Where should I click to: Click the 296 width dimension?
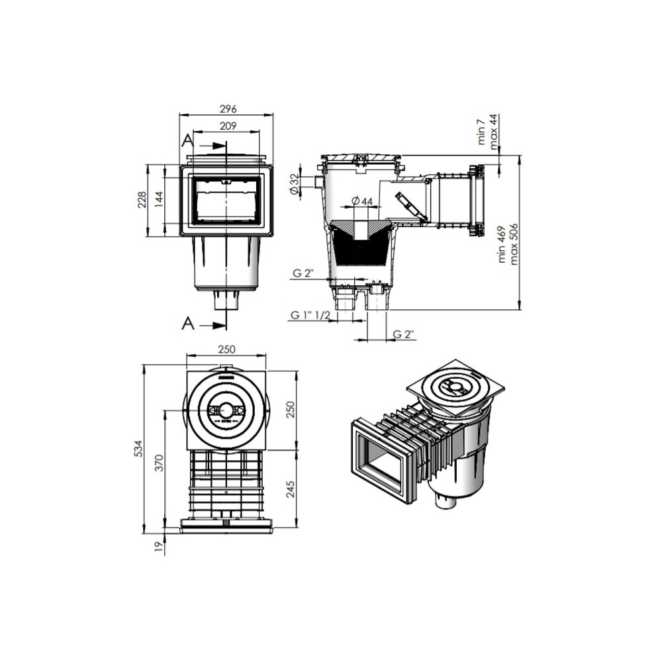click(x=228, y=109)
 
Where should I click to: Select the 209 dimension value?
click(x=228, y=126)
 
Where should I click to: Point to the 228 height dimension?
click(x=142, y=200)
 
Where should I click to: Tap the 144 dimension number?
click(x=159, y=200)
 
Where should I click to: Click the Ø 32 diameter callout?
click(x=295, y=185)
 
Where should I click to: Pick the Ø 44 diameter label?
click(x=362, y=201)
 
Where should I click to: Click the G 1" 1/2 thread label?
click(x=310, y=315)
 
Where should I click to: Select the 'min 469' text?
click(x=502, y=244)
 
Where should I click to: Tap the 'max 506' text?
click(x=514, y=244)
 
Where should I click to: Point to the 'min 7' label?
click(x=482, y=132)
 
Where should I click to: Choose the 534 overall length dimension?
click(x=138, y=448)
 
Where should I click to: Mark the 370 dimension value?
click(x=159, y=463)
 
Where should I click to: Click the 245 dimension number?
click(x=291, y=489)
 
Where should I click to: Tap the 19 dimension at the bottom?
click(x=159, y=547)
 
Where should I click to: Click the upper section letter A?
click(x=188, y=140)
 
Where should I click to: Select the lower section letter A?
click(x=188, y=324)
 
